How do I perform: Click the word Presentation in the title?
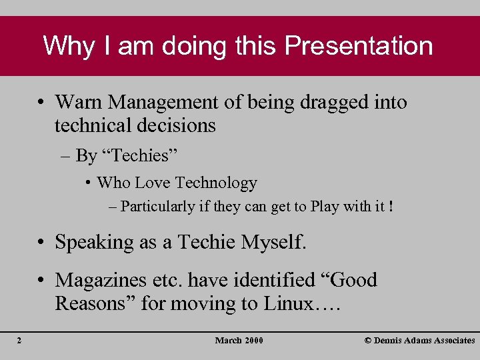(x=359, y=46)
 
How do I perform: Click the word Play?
(x=325, y=207)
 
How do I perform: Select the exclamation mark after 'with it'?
(x=390, y=207)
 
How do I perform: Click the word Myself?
(x=273, y=242)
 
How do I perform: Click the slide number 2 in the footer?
(x=19, y=341)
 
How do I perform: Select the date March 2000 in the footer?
(x=239, y=341)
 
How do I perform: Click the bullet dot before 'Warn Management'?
(x=41, y=103)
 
